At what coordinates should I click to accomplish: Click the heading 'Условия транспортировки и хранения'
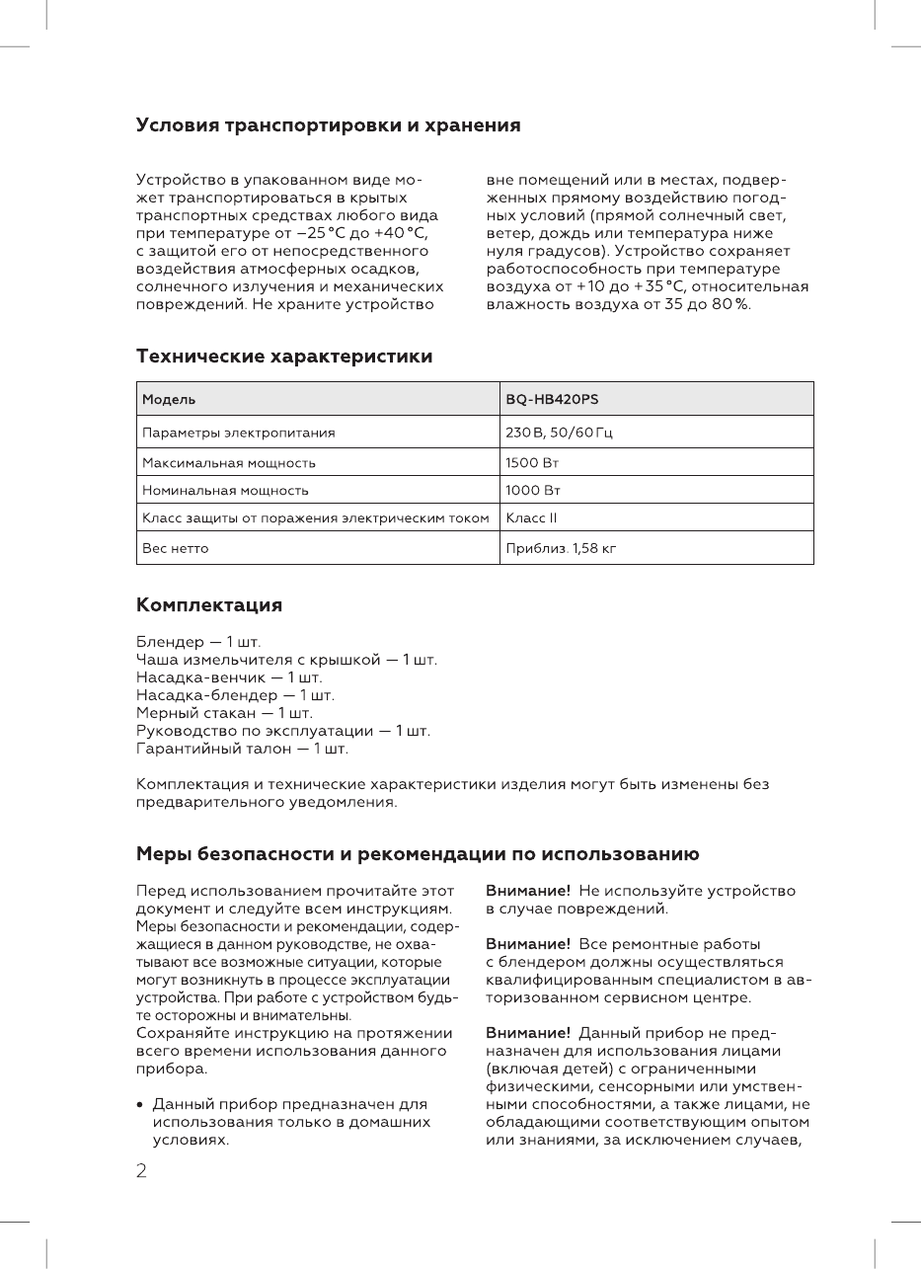click(328, 126)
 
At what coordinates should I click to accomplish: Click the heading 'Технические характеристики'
click(283, 357)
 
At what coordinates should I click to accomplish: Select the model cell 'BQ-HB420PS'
click(552, 399)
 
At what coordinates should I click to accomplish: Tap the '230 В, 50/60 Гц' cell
click(561, 433)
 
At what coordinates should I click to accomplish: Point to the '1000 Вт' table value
click(532, 490)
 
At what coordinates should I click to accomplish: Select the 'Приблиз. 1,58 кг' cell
click(561, 548)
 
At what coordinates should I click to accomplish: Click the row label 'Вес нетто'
click(175, 548)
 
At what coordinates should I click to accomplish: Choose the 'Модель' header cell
click(169, 399)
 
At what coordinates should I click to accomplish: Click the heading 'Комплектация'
click(208, 604)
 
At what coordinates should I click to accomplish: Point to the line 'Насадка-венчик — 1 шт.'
click(229, 677)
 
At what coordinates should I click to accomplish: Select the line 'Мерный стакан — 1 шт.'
click(224, 713)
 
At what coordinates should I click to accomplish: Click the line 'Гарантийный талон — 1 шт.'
click(242, 749)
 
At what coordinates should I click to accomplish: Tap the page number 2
click(141, 1171)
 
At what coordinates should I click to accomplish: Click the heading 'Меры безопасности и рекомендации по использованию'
click(417, 854)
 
